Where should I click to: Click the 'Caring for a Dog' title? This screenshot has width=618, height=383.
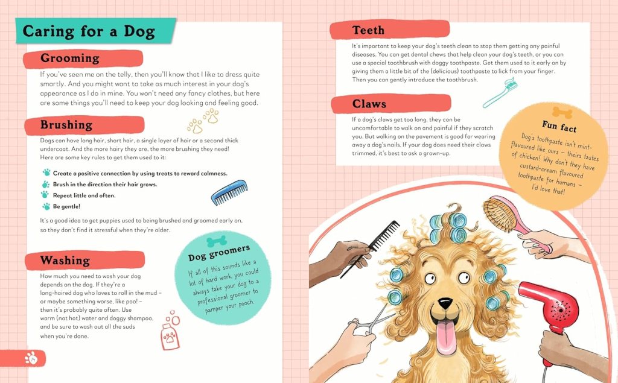[x=89, y=31]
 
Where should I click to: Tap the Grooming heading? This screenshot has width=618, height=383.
[x=70, y=59]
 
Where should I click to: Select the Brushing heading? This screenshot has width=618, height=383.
[x=66, y=125]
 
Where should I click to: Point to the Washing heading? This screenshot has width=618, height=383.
[x=65, y=261]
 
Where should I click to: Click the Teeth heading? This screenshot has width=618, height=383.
[x=368, y=30]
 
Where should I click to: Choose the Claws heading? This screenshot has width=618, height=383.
[x=369, y=104]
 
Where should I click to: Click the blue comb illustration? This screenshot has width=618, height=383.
[x=229, y=192]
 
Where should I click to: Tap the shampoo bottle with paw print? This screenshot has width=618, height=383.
[x=170, y=334]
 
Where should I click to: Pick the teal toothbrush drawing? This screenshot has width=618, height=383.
[x=500, y=93]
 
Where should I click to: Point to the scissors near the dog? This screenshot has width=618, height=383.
[x=371, y=321]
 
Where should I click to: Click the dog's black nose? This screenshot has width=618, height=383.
[x=445, y=303]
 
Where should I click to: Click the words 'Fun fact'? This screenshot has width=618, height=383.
[x=559, y=126]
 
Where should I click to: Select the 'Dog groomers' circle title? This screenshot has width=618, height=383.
[x=219, y=253]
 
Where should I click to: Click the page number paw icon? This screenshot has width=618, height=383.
[x=31, y=358]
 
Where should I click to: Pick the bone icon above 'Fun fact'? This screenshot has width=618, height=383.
[x=562, y=113]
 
